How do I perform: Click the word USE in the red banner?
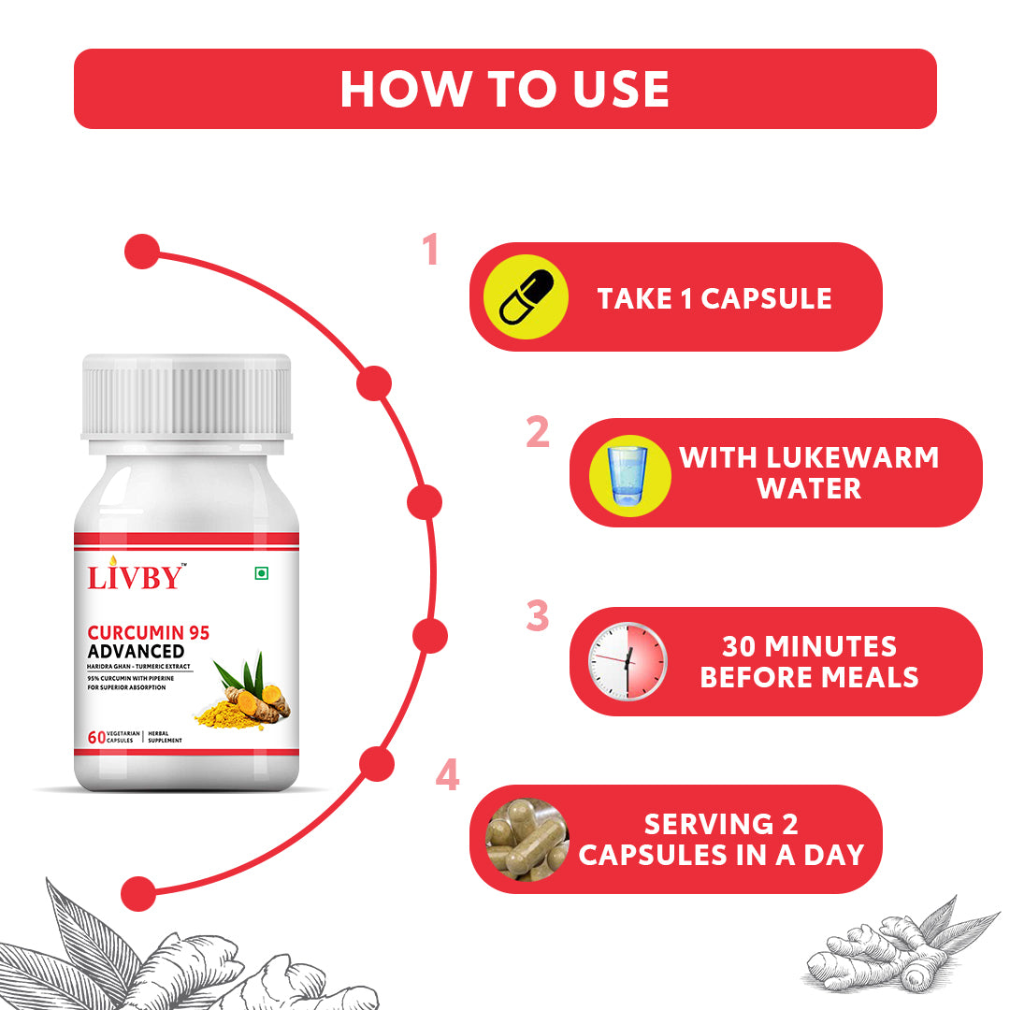(x=621, y=89)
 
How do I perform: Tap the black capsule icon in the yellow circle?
(x=527, y=296)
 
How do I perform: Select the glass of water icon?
(x=628, y=476)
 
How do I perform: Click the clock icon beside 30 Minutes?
(x=628, y=661)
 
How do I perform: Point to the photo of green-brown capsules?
(x=527, y=839)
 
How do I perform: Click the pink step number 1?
(x=430, y=250)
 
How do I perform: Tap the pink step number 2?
(x=538, y=431)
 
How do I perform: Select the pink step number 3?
(x=538, y=615)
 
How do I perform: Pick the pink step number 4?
(x=448, y=774)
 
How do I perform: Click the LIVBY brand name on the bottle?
(x=136, y=576)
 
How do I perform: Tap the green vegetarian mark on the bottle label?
(x=262, y=573)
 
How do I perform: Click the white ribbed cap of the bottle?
(x=186, y=397)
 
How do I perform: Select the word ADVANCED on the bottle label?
(x=136, y=651)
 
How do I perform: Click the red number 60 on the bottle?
(x=96, y=737)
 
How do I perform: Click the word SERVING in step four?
(x=709, y=825)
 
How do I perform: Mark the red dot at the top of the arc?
(x=142, y=252)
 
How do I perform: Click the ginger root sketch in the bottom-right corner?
(x=902, y=946)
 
